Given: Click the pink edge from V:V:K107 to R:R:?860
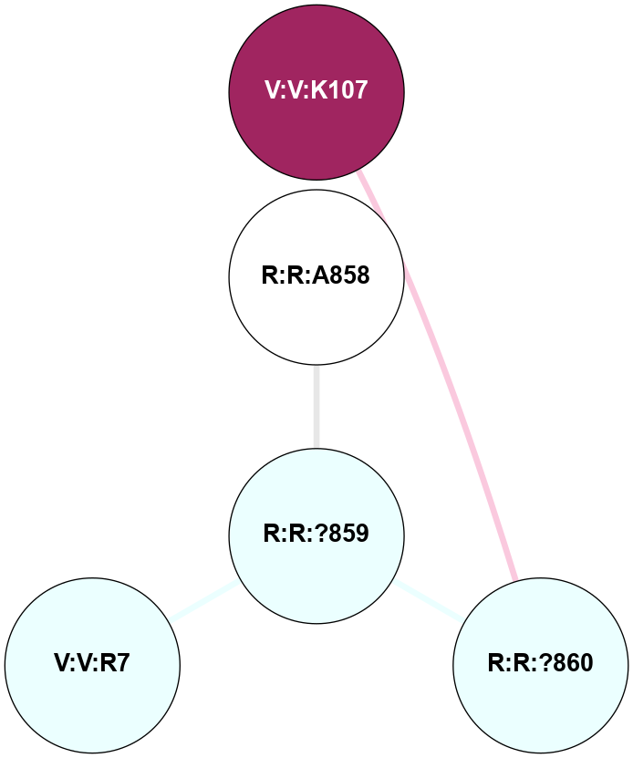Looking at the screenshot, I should click(447, 383).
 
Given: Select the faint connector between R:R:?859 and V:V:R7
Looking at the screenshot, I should click(205, 601).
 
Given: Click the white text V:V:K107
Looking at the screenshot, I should click(316, 90).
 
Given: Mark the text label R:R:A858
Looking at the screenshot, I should click(316, 275).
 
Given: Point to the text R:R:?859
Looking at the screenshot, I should click(316, 534).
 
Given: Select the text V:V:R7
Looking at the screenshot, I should click(92, 663).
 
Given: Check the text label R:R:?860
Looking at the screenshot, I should click(540, 663).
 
